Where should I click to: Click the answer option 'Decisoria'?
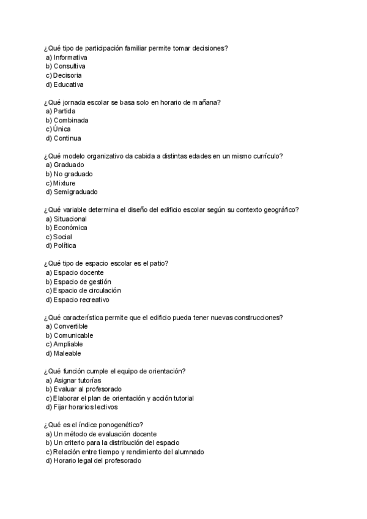[67, 75]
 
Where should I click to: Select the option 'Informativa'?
[70, 57]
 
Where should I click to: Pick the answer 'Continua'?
[67, 138]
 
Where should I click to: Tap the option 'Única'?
[62, 129]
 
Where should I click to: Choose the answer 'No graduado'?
[73, 174]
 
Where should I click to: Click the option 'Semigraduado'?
[75, 192]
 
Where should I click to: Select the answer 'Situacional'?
[70, 218]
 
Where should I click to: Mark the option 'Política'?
[65, 245]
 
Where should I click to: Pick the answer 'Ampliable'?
[68, 345]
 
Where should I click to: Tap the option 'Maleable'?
[67, 353]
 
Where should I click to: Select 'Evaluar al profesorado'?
[87, 389]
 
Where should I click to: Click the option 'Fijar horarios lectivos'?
[86, 407]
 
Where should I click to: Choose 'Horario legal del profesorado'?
[97, 461]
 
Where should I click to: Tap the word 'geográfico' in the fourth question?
[280, 209]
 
